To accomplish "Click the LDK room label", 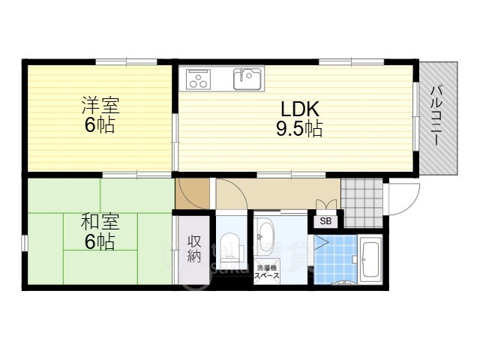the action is pyautogui.click(x=300, y=109).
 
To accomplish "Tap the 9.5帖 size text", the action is pyautogui.click(x=299, y=128).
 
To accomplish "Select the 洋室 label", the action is pyautogui.click(x=100, y=106).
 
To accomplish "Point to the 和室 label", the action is pyautogui.click(x=100, y=223).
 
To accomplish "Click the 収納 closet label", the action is pyautogui.click(x=194, y=249).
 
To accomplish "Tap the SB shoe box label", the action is pyautogui.click(x=325, y=221).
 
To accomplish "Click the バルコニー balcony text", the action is pyautogui.click(x=436, y=115).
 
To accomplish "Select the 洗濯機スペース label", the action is pyautogui.click(x=268, y=271).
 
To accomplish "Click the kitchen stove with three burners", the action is pyautogui.click(x=198, y=79).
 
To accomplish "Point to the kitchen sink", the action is pyautogui.click(x=247, y=79).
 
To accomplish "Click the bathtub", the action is pyautogui.click(x=370, y=259).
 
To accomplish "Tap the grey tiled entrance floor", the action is pyautogui.click(x=362, y=203).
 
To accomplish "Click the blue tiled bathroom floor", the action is pyautogui.click(x=336, y=259).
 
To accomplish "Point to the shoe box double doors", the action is pyautogui.click(x=326, y=205).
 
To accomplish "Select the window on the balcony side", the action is pyautogui.click(x=415, y=116).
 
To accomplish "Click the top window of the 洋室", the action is pyautogui.click(x=127, y=62).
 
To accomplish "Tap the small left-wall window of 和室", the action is pyautogui.click(x=25, y=243).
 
